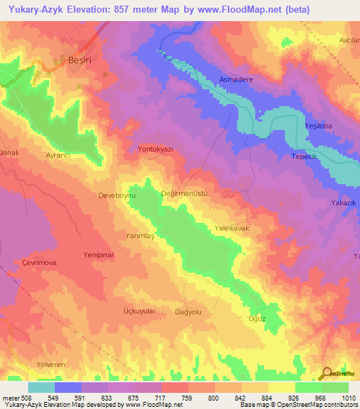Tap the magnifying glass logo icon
(326, 372)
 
